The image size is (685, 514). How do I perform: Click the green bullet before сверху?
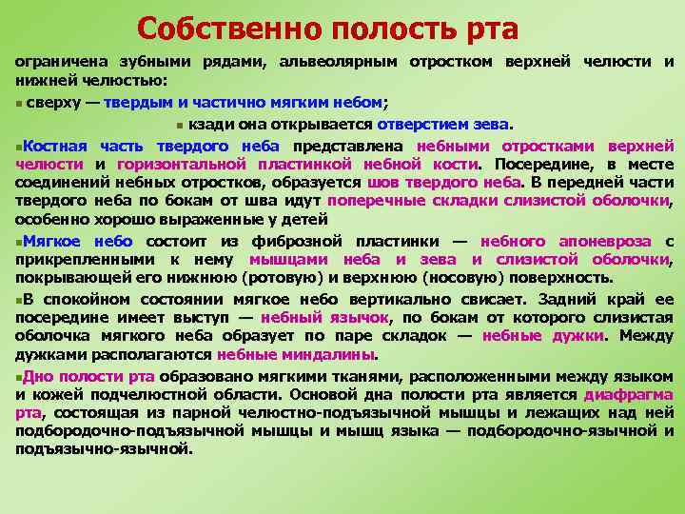click(x=19, y=104)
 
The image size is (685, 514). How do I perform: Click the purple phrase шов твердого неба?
click(x=442, y=182)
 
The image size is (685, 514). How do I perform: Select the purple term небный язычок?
click(x=324, y=317)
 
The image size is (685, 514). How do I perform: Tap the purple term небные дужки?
click(x=542, y=335)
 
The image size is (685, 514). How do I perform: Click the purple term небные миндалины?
click(x=296, y=354)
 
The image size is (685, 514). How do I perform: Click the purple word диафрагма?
click(x=629, y=394)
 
